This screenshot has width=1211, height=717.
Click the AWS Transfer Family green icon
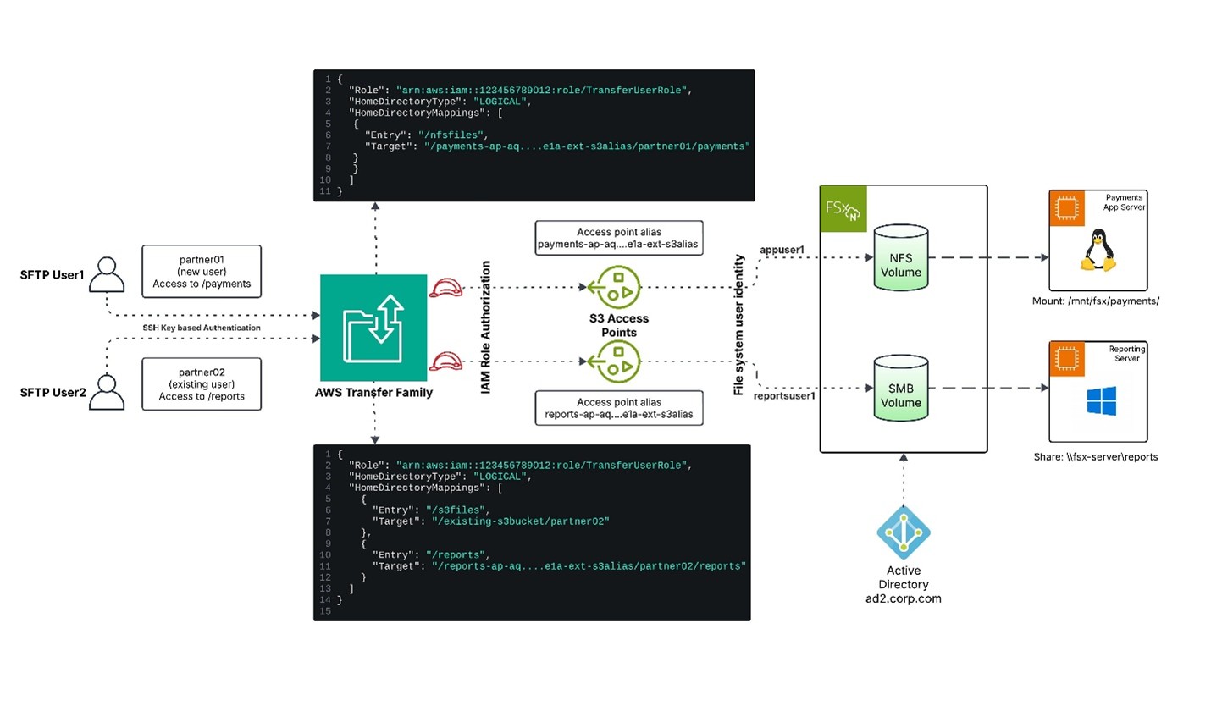[x=373, y=328]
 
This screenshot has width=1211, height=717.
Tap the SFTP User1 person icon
[x=107, y=274]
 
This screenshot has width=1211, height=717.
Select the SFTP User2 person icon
[x=107, y=392]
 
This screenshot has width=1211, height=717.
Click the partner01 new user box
[x=202, y=272]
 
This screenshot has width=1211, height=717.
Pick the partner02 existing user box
[x=202, y=384]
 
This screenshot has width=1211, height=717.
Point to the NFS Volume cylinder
[x=900, y=258]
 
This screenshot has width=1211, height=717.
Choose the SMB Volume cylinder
[x=900, y=389]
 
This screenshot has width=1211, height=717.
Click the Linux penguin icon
[x=1098, y=252]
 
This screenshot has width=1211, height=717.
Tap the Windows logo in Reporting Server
[x=1101, y=401]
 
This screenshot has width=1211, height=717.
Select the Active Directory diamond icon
[x=904, y=533]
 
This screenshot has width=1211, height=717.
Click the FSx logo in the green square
[x=843, y=208]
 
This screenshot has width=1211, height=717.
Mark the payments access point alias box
[x=618, y=238]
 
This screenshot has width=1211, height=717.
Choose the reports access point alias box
[x=618, y=408]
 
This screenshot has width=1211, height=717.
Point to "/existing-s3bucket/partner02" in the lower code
[x=520, y=521]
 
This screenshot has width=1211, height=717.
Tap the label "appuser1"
[x=782, y=250]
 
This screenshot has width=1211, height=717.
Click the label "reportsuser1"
[x=784, y=396]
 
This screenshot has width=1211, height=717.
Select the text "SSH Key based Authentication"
[x=202, y=328]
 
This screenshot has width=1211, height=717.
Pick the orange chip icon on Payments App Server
[x=1067, y=208]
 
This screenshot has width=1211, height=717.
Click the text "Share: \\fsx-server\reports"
[x=1095, y=457]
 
